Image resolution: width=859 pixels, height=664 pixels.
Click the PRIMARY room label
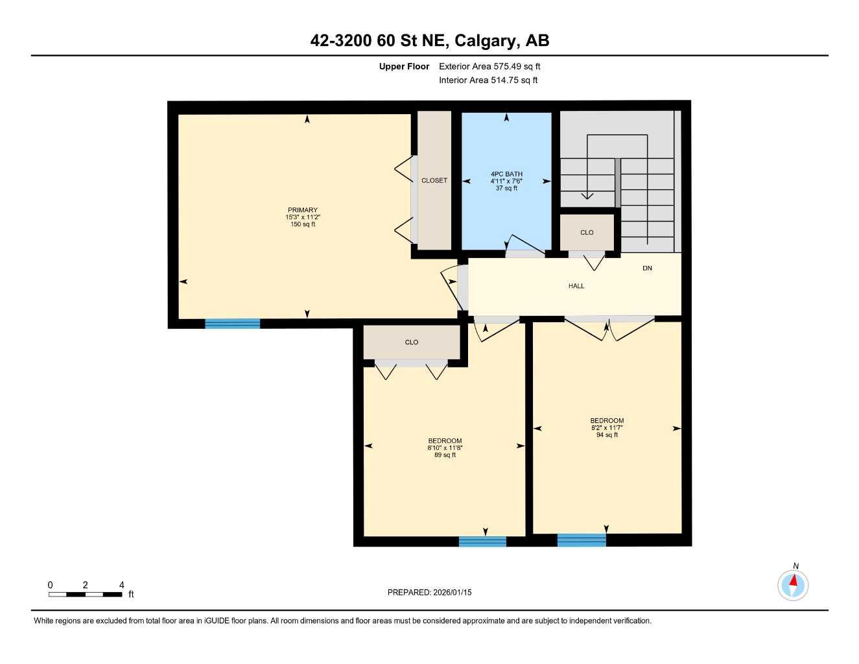(x=303, y=210)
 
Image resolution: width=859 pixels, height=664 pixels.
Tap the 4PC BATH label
(x=506, y=174)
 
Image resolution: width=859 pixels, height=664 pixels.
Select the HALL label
(x=576, y=286)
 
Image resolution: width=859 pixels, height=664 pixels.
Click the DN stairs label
(x=647, y=268)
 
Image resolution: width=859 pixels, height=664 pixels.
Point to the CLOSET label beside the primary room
(x=434, y=181)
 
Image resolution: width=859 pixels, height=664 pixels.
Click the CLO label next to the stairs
(x=587, y=233)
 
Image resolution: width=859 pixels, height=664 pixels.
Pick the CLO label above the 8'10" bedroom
(x=412, y=342)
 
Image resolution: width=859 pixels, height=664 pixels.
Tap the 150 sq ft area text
(x=303, y=224)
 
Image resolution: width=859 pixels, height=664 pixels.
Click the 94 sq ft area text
(x=607, y=435)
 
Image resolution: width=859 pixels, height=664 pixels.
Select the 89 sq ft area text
(x=445, y=455)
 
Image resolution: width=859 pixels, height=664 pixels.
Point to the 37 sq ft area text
(x=506, y=189)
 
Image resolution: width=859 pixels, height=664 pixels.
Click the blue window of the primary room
(x=232, y=324)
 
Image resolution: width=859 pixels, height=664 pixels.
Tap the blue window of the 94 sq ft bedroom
(x=582, y=540)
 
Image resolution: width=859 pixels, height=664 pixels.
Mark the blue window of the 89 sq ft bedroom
(x=482, y=541)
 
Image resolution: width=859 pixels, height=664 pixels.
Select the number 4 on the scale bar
(x=121, y=585)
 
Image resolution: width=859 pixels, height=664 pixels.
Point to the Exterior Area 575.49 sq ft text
(x=489, y=67)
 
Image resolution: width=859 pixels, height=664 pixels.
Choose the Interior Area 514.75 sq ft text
(x=488, y=80)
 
